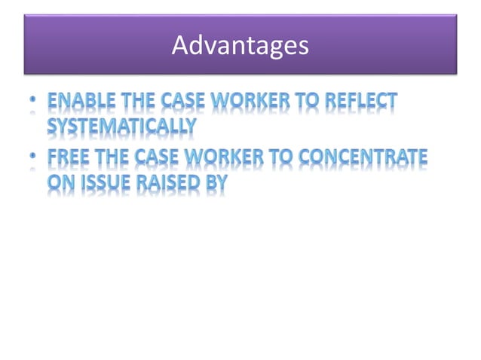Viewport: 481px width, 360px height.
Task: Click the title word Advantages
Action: click(x=240, y=46)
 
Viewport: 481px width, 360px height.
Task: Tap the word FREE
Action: click(x=70, y=157)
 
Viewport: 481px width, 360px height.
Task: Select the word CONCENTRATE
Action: click(x=366, y=157)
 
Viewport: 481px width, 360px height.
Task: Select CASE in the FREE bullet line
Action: click(x=161, y=157)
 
